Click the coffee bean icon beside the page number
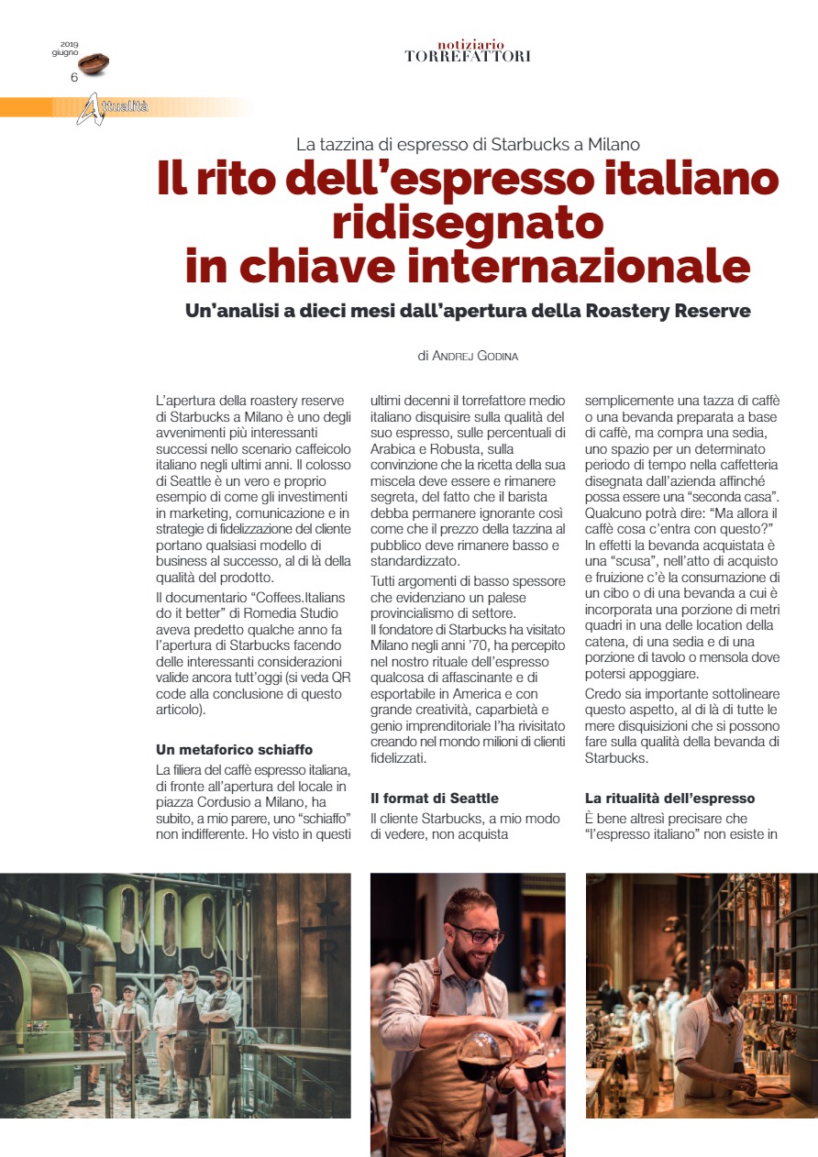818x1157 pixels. tap(94, 63)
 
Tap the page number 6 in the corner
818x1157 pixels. tap(74, 77)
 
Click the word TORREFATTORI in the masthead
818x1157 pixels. tap(468, 57)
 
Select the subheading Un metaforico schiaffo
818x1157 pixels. tap(235, 749)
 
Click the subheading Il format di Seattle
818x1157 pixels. tap(435, 798)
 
